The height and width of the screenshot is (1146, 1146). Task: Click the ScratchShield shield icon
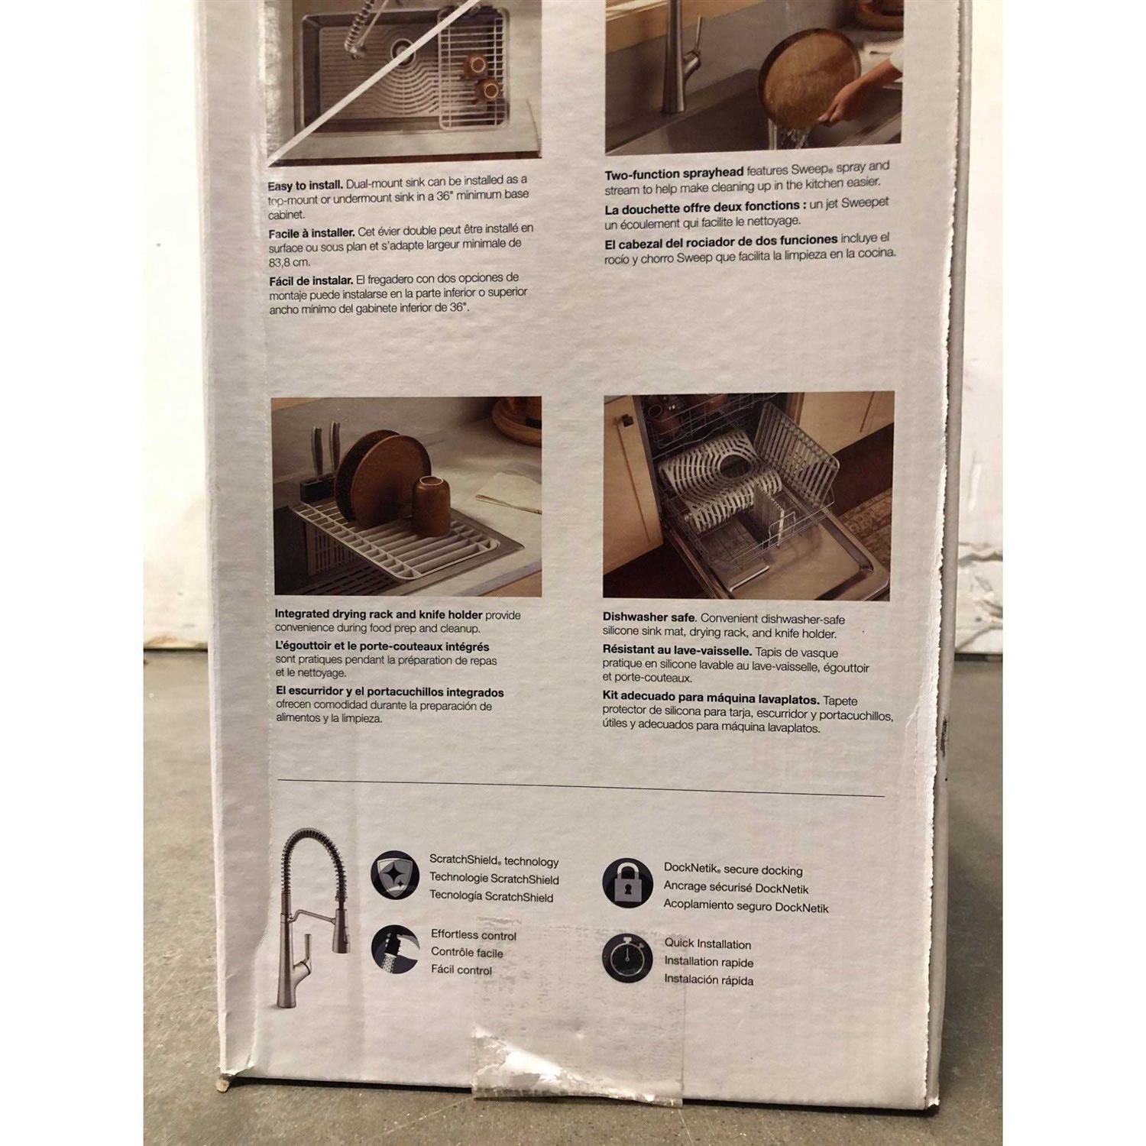[x=395, y=876]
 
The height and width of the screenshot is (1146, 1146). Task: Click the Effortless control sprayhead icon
[x=395, y=949]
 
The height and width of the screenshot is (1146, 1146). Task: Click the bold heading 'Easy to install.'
[x=305, y=186]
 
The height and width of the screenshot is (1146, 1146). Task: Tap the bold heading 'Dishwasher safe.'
[x=649, y=617]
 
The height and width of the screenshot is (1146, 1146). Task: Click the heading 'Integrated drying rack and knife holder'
[x=379, y=614]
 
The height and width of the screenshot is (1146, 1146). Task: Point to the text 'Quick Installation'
[x=707, y=944]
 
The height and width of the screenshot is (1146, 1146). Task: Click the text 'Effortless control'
[x=474, y=935]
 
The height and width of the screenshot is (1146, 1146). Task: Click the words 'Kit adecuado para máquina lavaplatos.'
[x=711, y=700]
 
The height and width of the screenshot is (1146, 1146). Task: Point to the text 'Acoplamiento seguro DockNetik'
[x=746, y=907]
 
